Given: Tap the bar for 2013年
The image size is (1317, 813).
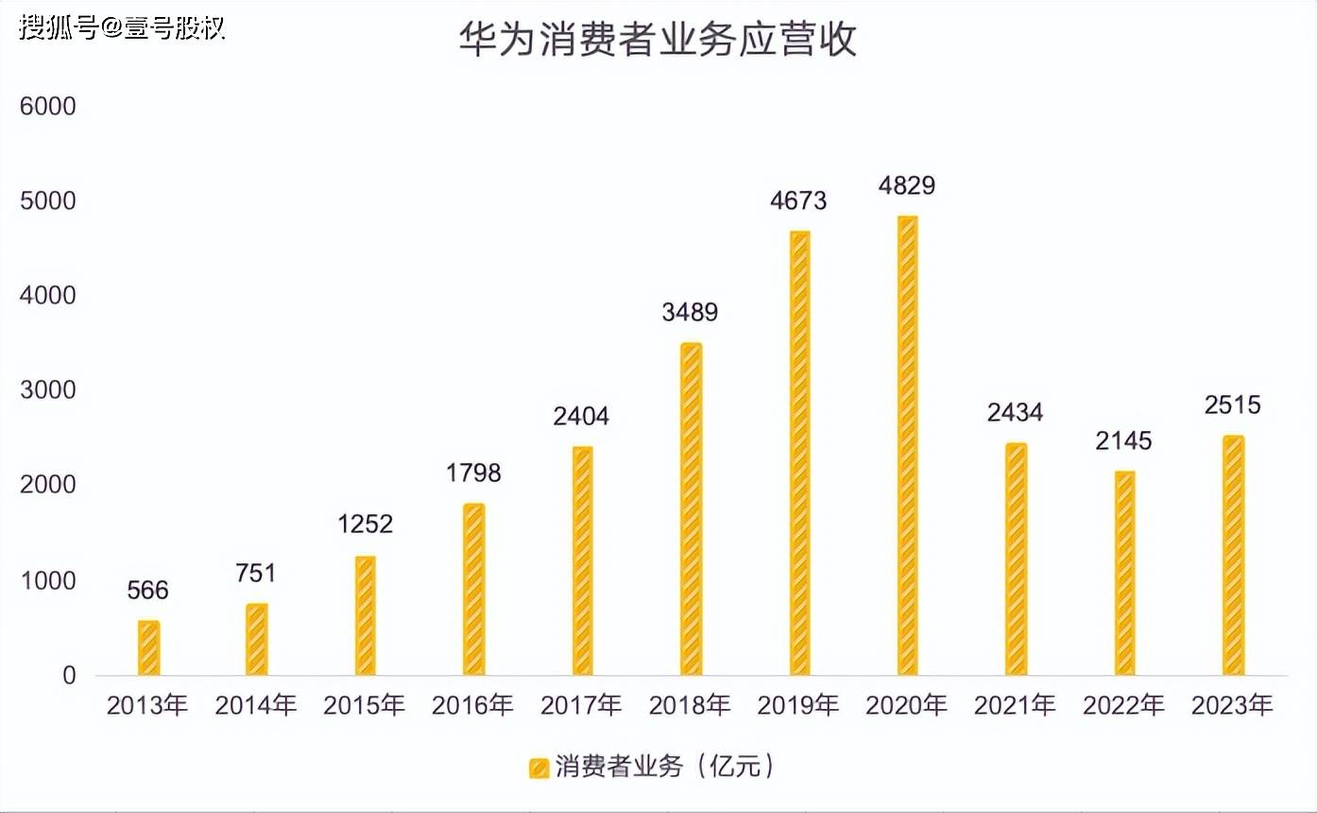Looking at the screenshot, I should coord(149,649).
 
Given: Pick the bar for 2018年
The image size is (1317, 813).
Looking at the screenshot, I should coord(692,510).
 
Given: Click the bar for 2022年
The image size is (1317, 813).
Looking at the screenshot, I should coord(1124,573).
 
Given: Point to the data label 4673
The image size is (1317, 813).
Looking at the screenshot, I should coord(798,200).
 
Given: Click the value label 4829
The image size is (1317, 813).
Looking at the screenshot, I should coord(907,185).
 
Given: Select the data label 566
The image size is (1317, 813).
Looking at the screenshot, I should coord(148,591).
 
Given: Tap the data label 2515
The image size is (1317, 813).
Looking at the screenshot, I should coord(1233,406).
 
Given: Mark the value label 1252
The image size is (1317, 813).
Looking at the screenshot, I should coord(365,525).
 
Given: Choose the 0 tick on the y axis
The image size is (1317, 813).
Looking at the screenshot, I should coord(68,675).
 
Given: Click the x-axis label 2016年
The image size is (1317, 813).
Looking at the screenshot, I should coord(473,705).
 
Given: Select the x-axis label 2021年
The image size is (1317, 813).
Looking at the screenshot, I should coord(1016,705).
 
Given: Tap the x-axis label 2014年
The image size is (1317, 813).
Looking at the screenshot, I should coord(256,705).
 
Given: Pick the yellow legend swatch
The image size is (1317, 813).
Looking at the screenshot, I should coord(539,768).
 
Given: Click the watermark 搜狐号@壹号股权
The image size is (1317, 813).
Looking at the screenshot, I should coord(122,26).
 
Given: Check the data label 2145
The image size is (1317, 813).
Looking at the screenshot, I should coord(1124,441).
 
